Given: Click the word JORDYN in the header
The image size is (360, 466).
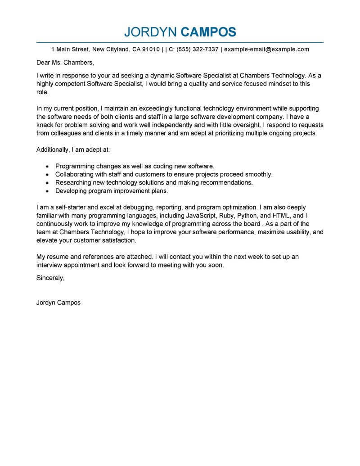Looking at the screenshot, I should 150,32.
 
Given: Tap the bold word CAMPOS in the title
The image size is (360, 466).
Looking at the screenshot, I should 208,32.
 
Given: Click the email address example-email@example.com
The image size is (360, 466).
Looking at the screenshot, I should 266,49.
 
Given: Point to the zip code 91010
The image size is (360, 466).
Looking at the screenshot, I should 149,49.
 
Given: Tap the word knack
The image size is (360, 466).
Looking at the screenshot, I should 45,125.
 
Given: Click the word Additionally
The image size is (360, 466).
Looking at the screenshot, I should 53,149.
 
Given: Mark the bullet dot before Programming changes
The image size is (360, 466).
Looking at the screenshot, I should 47,167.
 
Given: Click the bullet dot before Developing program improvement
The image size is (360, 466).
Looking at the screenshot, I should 47,191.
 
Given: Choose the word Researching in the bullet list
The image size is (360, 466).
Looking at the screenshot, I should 74,183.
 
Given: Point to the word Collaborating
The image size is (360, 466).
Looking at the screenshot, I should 75,174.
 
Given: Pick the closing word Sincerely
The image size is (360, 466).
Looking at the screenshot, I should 50,278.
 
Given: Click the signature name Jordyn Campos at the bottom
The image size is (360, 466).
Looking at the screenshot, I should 58,303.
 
